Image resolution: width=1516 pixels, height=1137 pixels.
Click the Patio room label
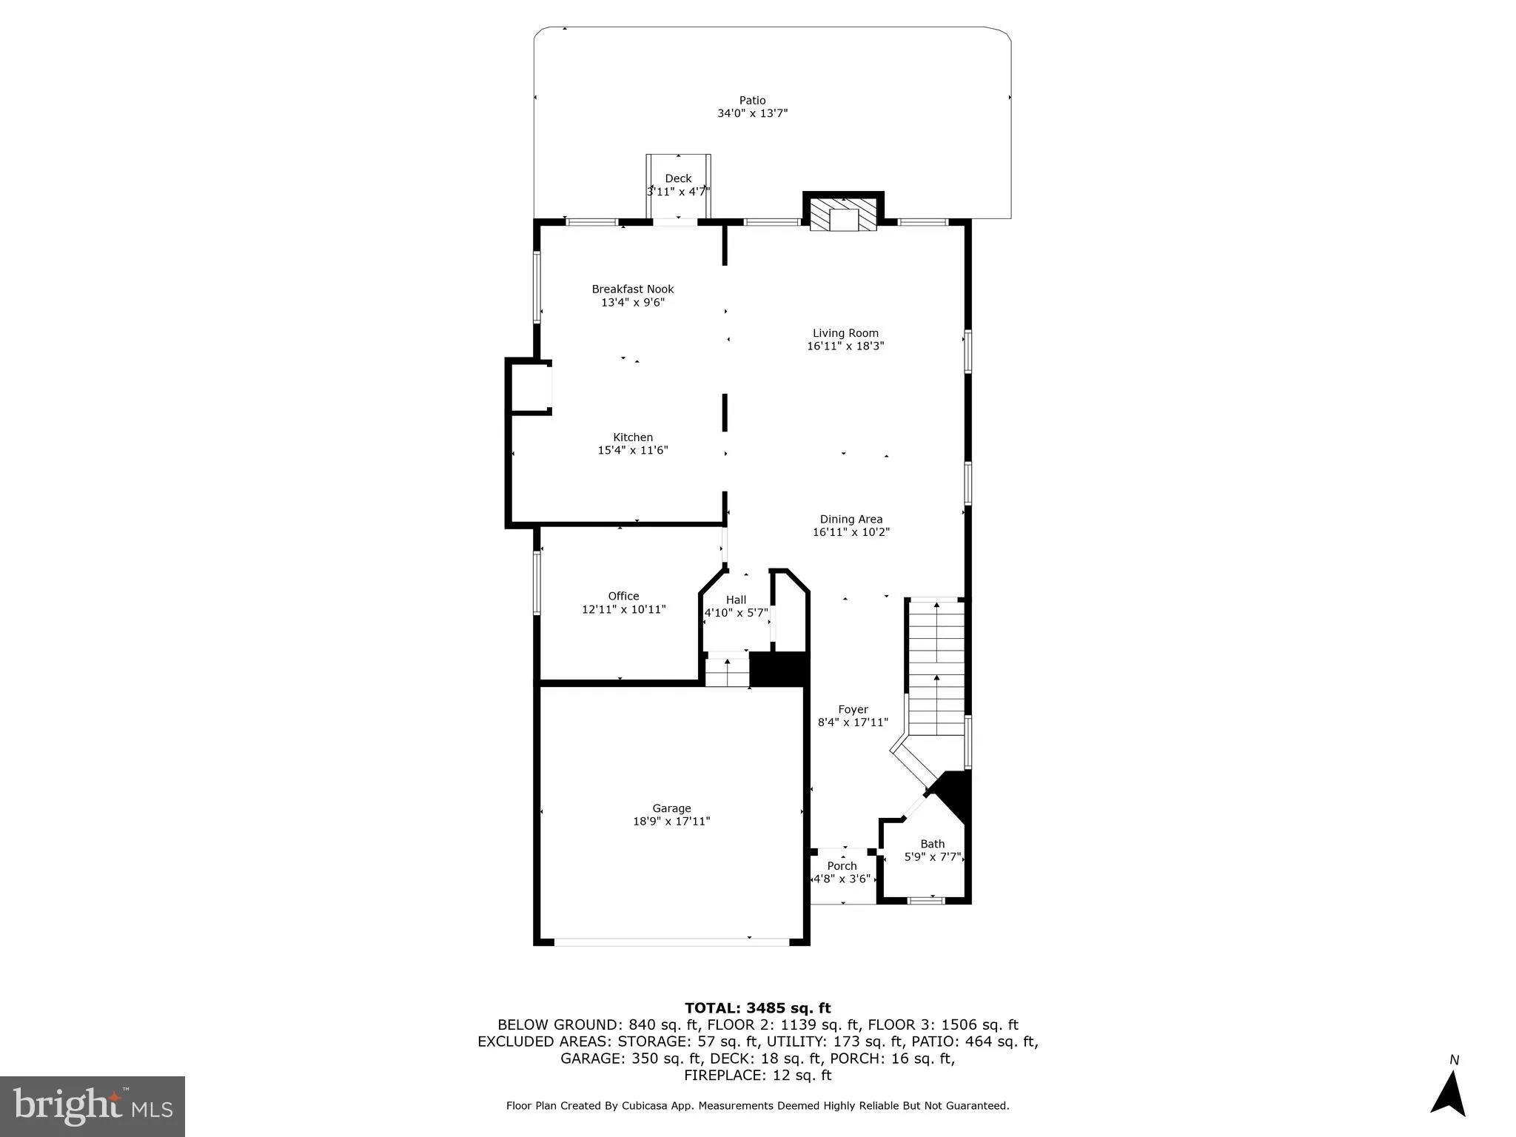pos(752,101)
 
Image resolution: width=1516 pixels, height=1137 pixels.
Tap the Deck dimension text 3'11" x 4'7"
pos(678,192)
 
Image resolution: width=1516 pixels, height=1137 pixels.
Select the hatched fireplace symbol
pos(843,215)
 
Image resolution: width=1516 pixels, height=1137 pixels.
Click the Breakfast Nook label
pos(632,289)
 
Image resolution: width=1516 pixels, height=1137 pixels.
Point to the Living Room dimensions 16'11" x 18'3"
pos(845,346)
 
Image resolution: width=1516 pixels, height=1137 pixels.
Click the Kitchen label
pos(632,437)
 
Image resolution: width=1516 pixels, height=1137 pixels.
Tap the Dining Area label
pos(851,520)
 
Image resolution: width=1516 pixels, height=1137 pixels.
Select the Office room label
pos(623,596)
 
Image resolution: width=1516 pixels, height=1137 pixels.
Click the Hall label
pos(736,600)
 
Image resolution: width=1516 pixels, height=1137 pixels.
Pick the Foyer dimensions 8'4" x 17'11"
pos(853,722)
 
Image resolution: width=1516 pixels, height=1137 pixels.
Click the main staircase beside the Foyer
pos(936,666)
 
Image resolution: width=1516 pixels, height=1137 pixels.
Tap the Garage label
pos(671,808)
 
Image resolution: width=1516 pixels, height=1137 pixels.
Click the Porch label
pos(842,866)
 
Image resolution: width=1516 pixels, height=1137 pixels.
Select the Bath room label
pos(932,844)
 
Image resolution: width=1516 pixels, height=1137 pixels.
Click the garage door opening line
pos(671,942)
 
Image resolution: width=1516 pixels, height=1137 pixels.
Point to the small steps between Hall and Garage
pos(727,671)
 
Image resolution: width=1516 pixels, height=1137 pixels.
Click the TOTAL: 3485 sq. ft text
pos(757,1008)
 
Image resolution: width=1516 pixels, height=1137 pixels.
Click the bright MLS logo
pos(93,1106)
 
